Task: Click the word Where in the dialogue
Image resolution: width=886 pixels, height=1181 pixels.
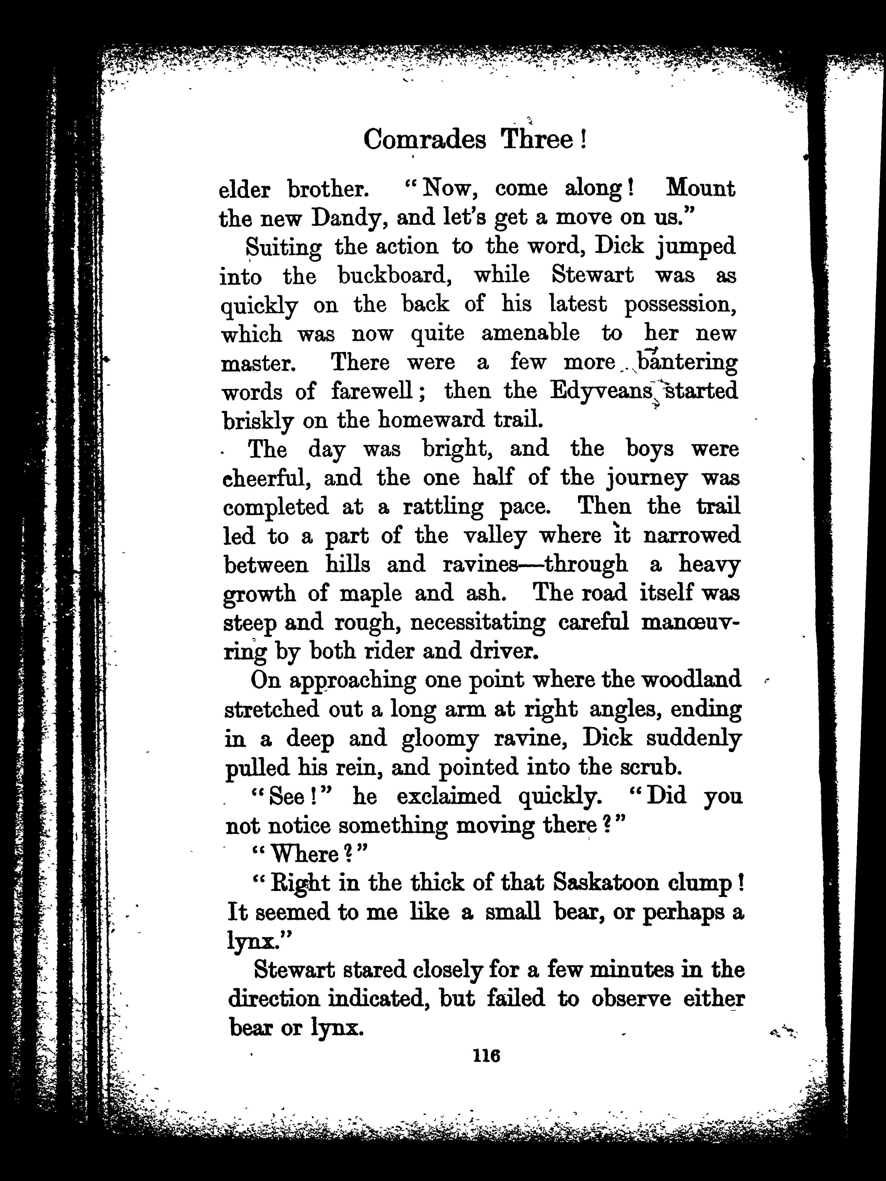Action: coord(305,855)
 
